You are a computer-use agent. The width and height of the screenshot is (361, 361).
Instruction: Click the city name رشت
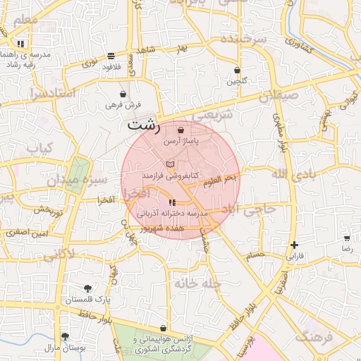tap(143, 126)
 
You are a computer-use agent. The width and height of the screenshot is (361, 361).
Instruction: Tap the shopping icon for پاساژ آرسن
tap(182, 130)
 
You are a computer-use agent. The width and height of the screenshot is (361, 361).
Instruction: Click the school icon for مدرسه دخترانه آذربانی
tap(172, 203)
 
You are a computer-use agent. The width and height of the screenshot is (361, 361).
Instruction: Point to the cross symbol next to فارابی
tap(293, 245)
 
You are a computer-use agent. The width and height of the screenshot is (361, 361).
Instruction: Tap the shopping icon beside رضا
tap(346, 238)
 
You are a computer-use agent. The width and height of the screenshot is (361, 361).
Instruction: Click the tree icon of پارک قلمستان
tap(87, 288)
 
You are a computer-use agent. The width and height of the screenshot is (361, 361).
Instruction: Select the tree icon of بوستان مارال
tap(65, 336)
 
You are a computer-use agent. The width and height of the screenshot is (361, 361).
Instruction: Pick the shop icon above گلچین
tap(237, 70)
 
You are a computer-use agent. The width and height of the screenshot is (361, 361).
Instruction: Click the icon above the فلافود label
tap(111, 56)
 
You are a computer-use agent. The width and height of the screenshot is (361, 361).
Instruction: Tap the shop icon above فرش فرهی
tap(123, 93)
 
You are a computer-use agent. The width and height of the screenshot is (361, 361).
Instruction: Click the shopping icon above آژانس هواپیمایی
tap(164, 328)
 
